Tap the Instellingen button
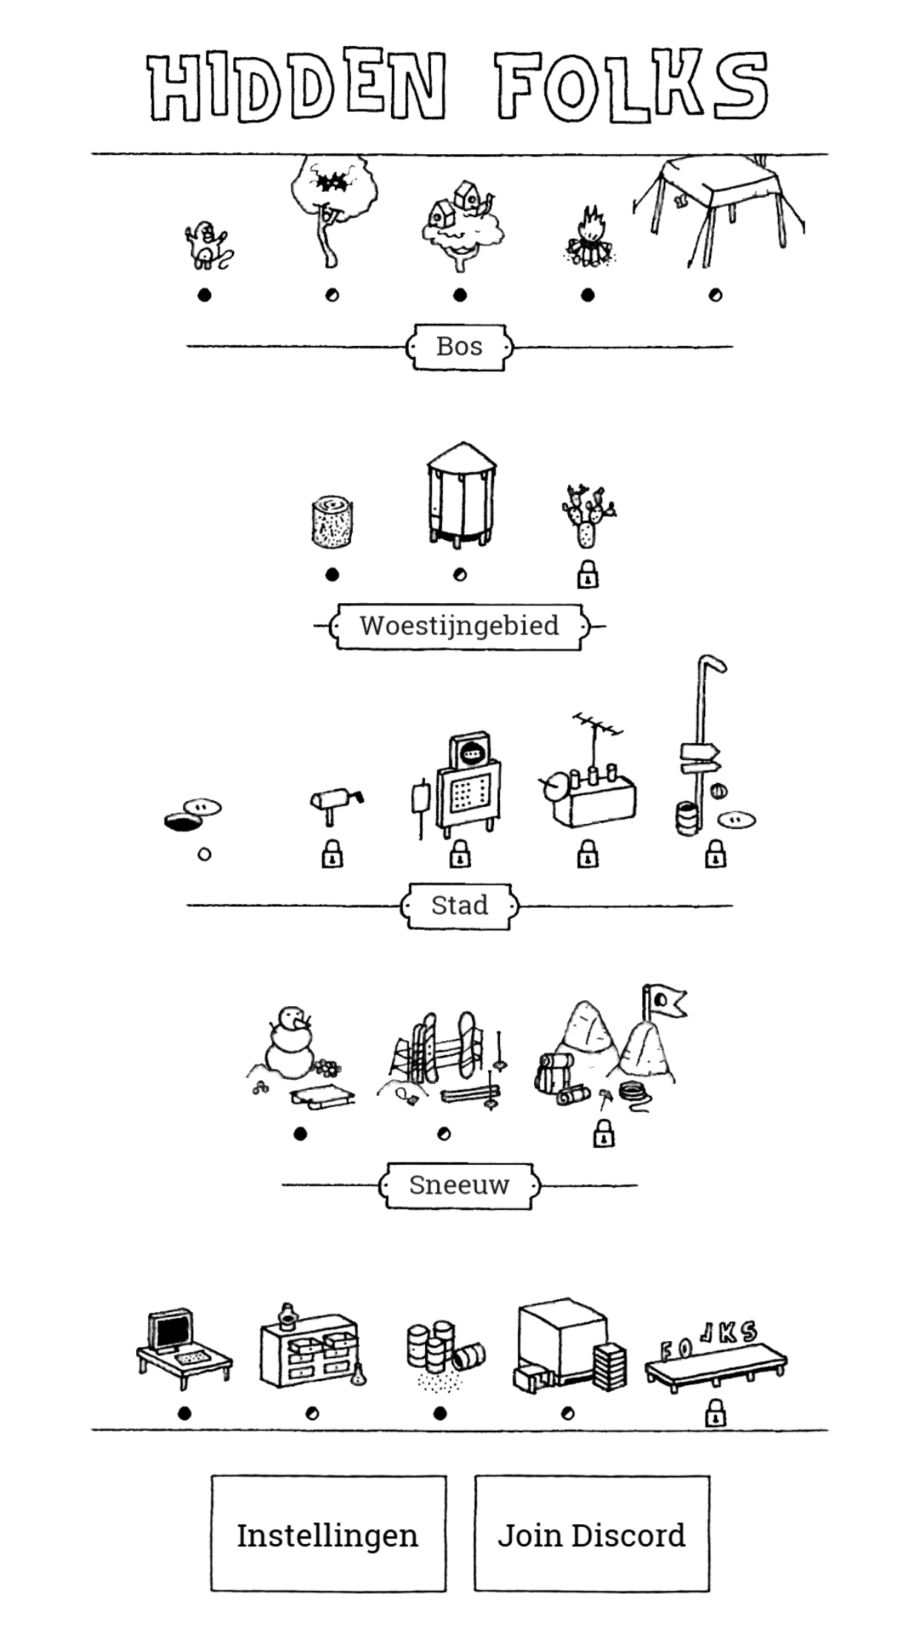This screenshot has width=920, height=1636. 328,1534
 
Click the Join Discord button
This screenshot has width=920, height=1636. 591,1534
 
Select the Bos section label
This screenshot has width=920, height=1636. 459,347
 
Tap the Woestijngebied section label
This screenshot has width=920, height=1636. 459,626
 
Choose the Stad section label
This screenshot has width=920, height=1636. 459,905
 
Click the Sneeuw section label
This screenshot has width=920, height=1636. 459,1185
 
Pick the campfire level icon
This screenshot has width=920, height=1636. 588,237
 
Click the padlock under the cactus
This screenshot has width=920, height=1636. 588,575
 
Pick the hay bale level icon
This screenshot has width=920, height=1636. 332,522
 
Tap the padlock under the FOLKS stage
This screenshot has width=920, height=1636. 715,1413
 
